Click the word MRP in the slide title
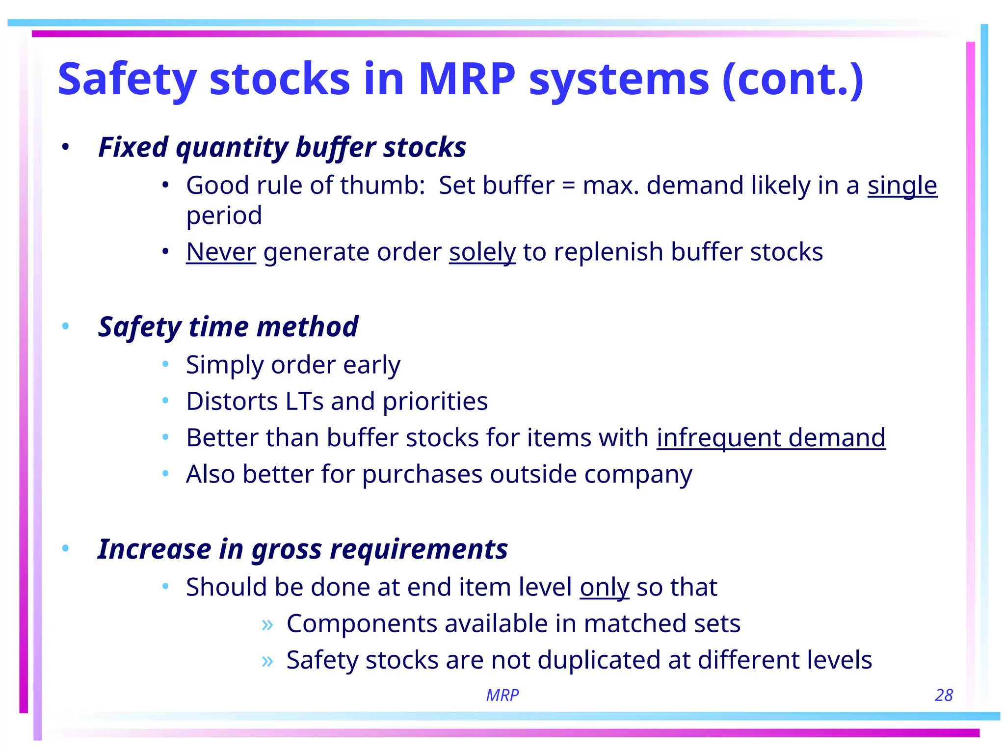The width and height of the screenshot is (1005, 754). click(x=467, y=79)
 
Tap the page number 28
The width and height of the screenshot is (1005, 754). click(x=944, y=695)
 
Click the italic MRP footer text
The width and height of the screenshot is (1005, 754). click(x=502, y=695)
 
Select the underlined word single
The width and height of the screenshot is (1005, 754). click(x=902, y=186)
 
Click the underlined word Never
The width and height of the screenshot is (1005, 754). click(x=221, y=252)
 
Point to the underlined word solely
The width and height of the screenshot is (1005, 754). click(x=482, y=252)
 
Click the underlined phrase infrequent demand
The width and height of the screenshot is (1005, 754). click(x=771, y=437)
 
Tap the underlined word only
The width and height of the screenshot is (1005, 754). click(x=604, y=587)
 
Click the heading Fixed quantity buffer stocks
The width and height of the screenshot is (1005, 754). click(x=282, y=147)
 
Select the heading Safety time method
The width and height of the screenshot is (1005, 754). click(x=228, y=327)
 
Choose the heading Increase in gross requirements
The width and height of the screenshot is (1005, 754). click(x=303, y=549)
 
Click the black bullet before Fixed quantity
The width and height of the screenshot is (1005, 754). click(x=65, y=147)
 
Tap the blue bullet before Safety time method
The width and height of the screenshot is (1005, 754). click(x=65, y=326)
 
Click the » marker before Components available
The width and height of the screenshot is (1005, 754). click(x=267, y=624)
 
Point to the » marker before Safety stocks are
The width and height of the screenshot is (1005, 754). click(x=267, y=661)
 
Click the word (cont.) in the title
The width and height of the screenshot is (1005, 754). click(x=793, y=79)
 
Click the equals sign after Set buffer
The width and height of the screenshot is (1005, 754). click(x=568, y=186)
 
